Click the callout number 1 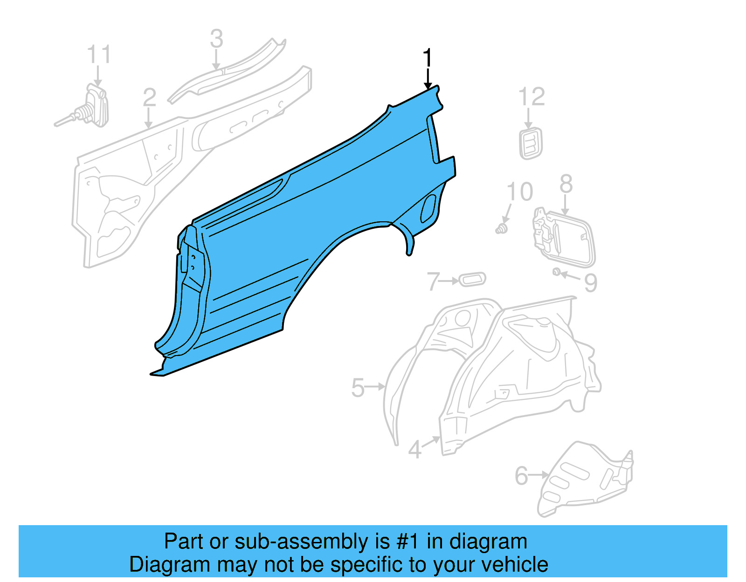[x=427, y=59]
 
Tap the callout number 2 [x=149, y=97]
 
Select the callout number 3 [x=216, y=39]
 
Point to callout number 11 [x=99, y=55]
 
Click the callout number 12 [x=532, y=97]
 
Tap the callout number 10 [x=520, y=192]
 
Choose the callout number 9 [x=591, y=282]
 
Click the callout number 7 [x=433, y=281]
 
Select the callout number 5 [x=358, y=388]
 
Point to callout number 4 [x=414, y=450]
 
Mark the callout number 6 [x=521, y=476]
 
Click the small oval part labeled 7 [x=472, y=280]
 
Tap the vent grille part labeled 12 [x=531, y=144]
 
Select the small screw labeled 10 [x=501, y=229]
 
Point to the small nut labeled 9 [x=557, y=272]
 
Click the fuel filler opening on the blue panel [x=428, y=208]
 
